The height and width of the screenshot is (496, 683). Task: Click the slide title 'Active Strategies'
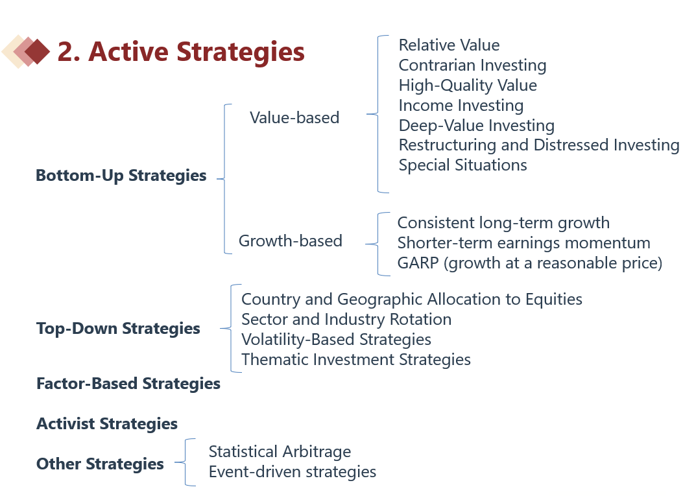tap(197, 52)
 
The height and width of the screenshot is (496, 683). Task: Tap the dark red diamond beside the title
tap(38, 51)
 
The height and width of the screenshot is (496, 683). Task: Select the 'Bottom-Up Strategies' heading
tap(121, 176)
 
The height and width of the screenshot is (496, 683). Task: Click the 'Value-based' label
tap(294, 117)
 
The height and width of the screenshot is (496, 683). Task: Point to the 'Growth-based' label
tap(291, 241)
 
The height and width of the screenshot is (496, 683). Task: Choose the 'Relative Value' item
tap(449, 45)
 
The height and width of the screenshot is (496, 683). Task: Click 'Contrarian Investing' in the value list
tap(473, 65)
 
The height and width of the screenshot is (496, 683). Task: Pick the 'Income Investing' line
tap(461, 106)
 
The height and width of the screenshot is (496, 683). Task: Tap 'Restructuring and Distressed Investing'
tap(539, 145)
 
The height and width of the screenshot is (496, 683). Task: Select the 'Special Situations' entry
tap(462, 165)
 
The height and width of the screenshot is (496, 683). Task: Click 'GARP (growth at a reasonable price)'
tap(530, 263)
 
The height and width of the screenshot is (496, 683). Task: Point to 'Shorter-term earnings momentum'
tap(523, 243)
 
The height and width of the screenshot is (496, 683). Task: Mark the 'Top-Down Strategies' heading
tap(118, 328)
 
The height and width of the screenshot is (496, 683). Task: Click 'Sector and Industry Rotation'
tap(346, 319)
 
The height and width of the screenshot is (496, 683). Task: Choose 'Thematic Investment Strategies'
tap(356, 360)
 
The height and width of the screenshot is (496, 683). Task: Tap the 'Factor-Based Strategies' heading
tap(128, 384)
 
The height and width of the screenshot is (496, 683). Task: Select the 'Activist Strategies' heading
tap(107, 424)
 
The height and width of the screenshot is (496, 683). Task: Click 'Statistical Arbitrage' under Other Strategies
tap(280, 452)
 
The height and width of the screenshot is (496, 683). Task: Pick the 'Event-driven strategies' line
tap(293, 472)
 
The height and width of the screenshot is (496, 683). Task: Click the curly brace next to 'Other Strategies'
tap(185, 462)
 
